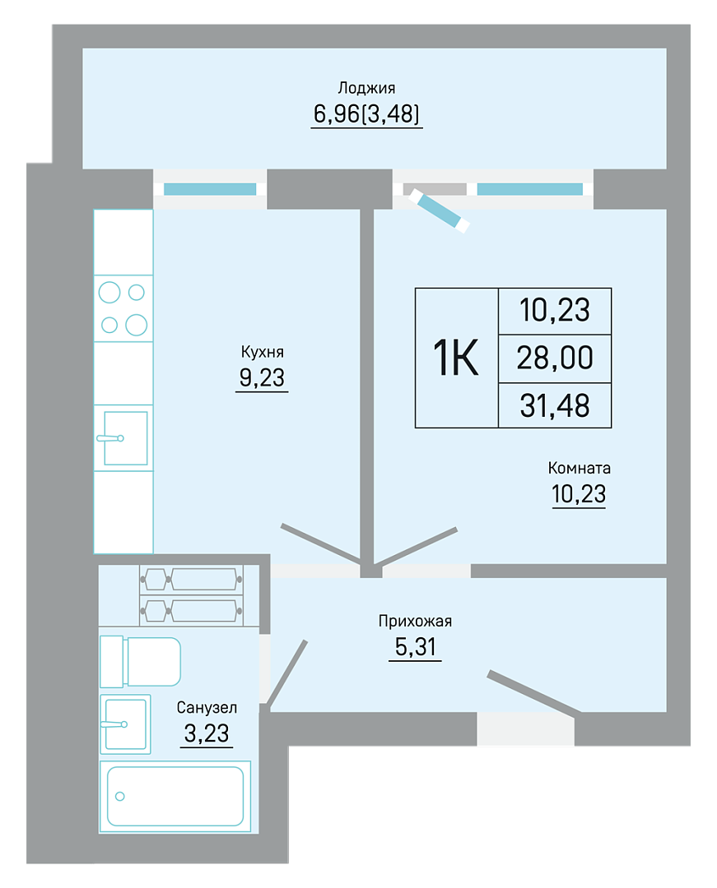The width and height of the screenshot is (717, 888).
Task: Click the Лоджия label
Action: coord(366,88)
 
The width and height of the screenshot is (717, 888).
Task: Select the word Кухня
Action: coord(262,352)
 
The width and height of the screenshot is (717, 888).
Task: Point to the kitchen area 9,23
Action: coord(262,377)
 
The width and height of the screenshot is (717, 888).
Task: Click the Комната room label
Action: coord(579,469)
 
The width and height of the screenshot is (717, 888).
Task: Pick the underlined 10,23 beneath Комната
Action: coord(579,494)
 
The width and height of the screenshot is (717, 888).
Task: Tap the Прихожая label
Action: coord(415,622)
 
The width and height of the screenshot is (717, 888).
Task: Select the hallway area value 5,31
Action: coord(415,647)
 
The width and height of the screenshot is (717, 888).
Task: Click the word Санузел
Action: coord(207,707)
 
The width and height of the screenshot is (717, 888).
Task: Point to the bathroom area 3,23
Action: coord(207,733)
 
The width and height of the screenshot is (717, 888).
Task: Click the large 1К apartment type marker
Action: coord(456,358)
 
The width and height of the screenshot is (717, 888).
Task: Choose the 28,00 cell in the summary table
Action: coord(555,358)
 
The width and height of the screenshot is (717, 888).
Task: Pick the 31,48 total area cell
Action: coord(555,405)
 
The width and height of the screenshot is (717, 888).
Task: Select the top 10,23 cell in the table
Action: coord(555,310)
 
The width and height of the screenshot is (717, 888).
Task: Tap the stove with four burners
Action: coord(123,308)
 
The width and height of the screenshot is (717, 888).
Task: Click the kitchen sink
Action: coord(123,437)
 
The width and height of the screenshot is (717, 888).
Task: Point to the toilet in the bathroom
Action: coord(140,661)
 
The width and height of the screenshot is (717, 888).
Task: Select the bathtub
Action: coord(175,796)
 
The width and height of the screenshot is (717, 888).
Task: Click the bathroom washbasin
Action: coord(125,724)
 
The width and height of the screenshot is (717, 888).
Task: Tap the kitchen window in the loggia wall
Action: coord(210,189)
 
